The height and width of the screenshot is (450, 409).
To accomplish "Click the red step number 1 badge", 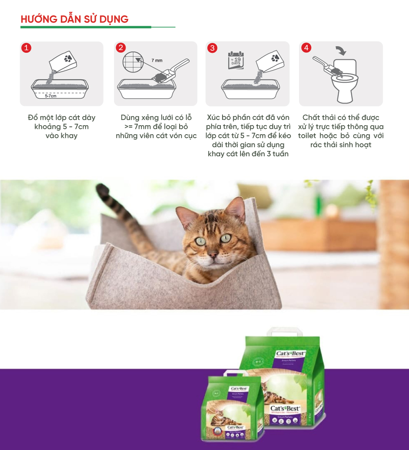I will pyautogui.click(x=26, y=48).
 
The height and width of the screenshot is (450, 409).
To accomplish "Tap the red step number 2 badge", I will pyautogui.click(x=120, y=48).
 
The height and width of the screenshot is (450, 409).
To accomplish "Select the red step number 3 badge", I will pyautogui.click(x=212, y=48).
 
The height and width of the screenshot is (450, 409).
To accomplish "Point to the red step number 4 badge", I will pyautogui.click(x=306, y=48).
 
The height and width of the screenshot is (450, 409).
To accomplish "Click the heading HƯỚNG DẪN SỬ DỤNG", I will pyautogui.click(x=74, y=19).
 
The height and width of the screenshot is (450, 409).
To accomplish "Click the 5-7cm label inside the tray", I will pyautogui.click(x=51, y=96).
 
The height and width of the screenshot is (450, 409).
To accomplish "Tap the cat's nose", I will pyautogui.click(x=212, y=255).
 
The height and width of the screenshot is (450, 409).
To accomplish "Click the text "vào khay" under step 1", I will pyautogui.click(x=61, y=136).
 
